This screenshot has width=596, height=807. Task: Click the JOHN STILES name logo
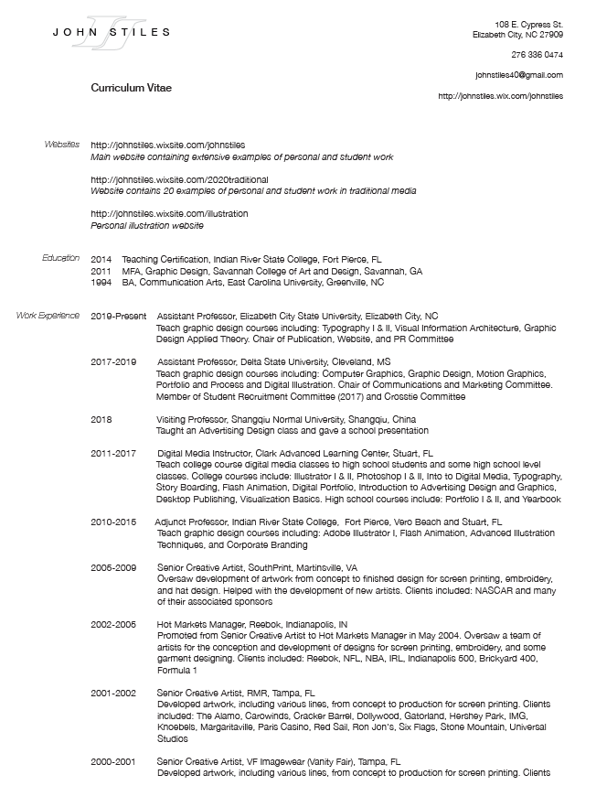click(111, 32)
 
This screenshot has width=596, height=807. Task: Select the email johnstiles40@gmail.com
click(519, 75)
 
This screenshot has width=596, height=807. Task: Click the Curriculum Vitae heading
click(131, 88)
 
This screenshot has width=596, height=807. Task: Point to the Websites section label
click(62, 145)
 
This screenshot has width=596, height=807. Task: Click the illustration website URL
click(169, 213)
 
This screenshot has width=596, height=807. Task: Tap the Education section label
click(61, 259)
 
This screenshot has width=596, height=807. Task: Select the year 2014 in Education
click(101, 260)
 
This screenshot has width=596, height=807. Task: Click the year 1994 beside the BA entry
click(101, 283)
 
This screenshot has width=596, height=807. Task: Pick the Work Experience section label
click(48, 316)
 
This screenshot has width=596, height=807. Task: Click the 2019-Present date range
click(118, 317)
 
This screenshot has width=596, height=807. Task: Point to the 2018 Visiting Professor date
click(101, 419)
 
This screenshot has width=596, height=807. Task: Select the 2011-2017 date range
click(112, 453)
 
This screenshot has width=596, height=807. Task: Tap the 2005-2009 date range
click(112, 567)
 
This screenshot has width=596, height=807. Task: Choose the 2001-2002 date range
click(112, 693)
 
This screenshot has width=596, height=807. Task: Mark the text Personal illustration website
click(146, 225)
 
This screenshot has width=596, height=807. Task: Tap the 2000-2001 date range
click(112, 761)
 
